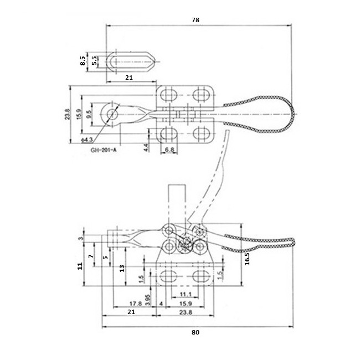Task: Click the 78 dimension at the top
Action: pyautogui.click(x=196, y=20)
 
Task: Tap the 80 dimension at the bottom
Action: pyautogui.click(x=196, y=332)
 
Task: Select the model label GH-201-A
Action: pyautogui.click(x=104, y=150)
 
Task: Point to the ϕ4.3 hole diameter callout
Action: pyautogui.click(x=87, y=140)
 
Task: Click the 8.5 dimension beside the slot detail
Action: pyautogui.click(x=83, y=61)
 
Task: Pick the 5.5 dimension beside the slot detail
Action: pyautogui.click(x=94, y=61)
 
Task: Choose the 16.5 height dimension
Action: pyautogui.click(x=247, y=259)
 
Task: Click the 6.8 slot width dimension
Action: pyautogui.click(x=169, y=150)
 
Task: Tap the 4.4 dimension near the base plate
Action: pyautogui.click(x=146, y=147)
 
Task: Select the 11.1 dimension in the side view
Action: pyautogui.click(x=186, y=294)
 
